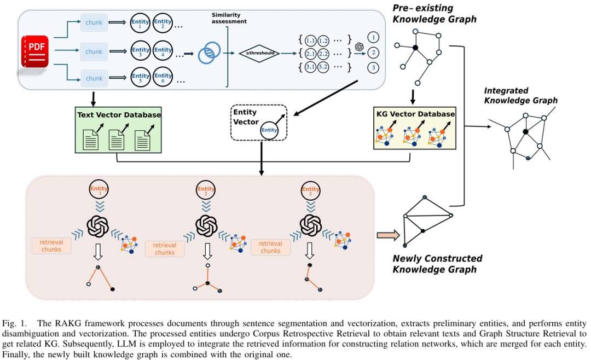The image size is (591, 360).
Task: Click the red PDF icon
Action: coord(35,51)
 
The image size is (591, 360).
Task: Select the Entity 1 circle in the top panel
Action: coord(141,23)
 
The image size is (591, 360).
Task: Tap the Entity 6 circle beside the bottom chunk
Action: coord(163,78)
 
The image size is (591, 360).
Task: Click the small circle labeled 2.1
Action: coord(311,54)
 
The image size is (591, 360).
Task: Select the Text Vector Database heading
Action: coord(119,115)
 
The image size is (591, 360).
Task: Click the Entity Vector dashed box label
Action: coord(246,117)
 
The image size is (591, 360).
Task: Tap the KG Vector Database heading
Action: coord(415,114)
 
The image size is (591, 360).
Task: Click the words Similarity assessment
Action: coord(229,18)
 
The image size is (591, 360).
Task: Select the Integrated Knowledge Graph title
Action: coord(520,95)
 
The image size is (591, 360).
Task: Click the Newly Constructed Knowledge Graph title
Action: coord(437,264)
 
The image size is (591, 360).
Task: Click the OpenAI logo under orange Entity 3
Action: coord(311,224)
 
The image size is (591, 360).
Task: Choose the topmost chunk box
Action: coord(94,23)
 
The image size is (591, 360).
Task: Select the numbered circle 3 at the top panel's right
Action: coord(373,67)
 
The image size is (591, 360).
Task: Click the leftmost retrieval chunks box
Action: coord(51,246)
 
